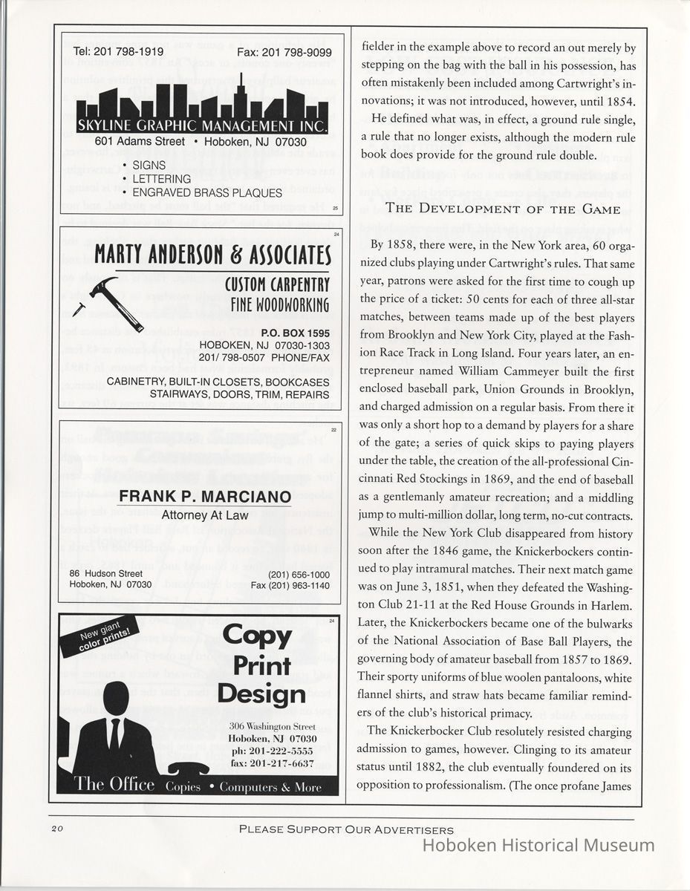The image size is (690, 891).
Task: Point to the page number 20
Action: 59,829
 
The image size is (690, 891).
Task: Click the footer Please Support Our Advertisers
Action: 346,829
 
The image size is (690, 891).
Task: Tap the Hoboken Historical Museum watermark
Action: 538,845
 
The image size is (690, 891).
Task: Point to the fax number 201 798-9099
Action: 284,53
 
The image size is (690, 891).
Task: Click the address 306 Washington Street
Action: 273,725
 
